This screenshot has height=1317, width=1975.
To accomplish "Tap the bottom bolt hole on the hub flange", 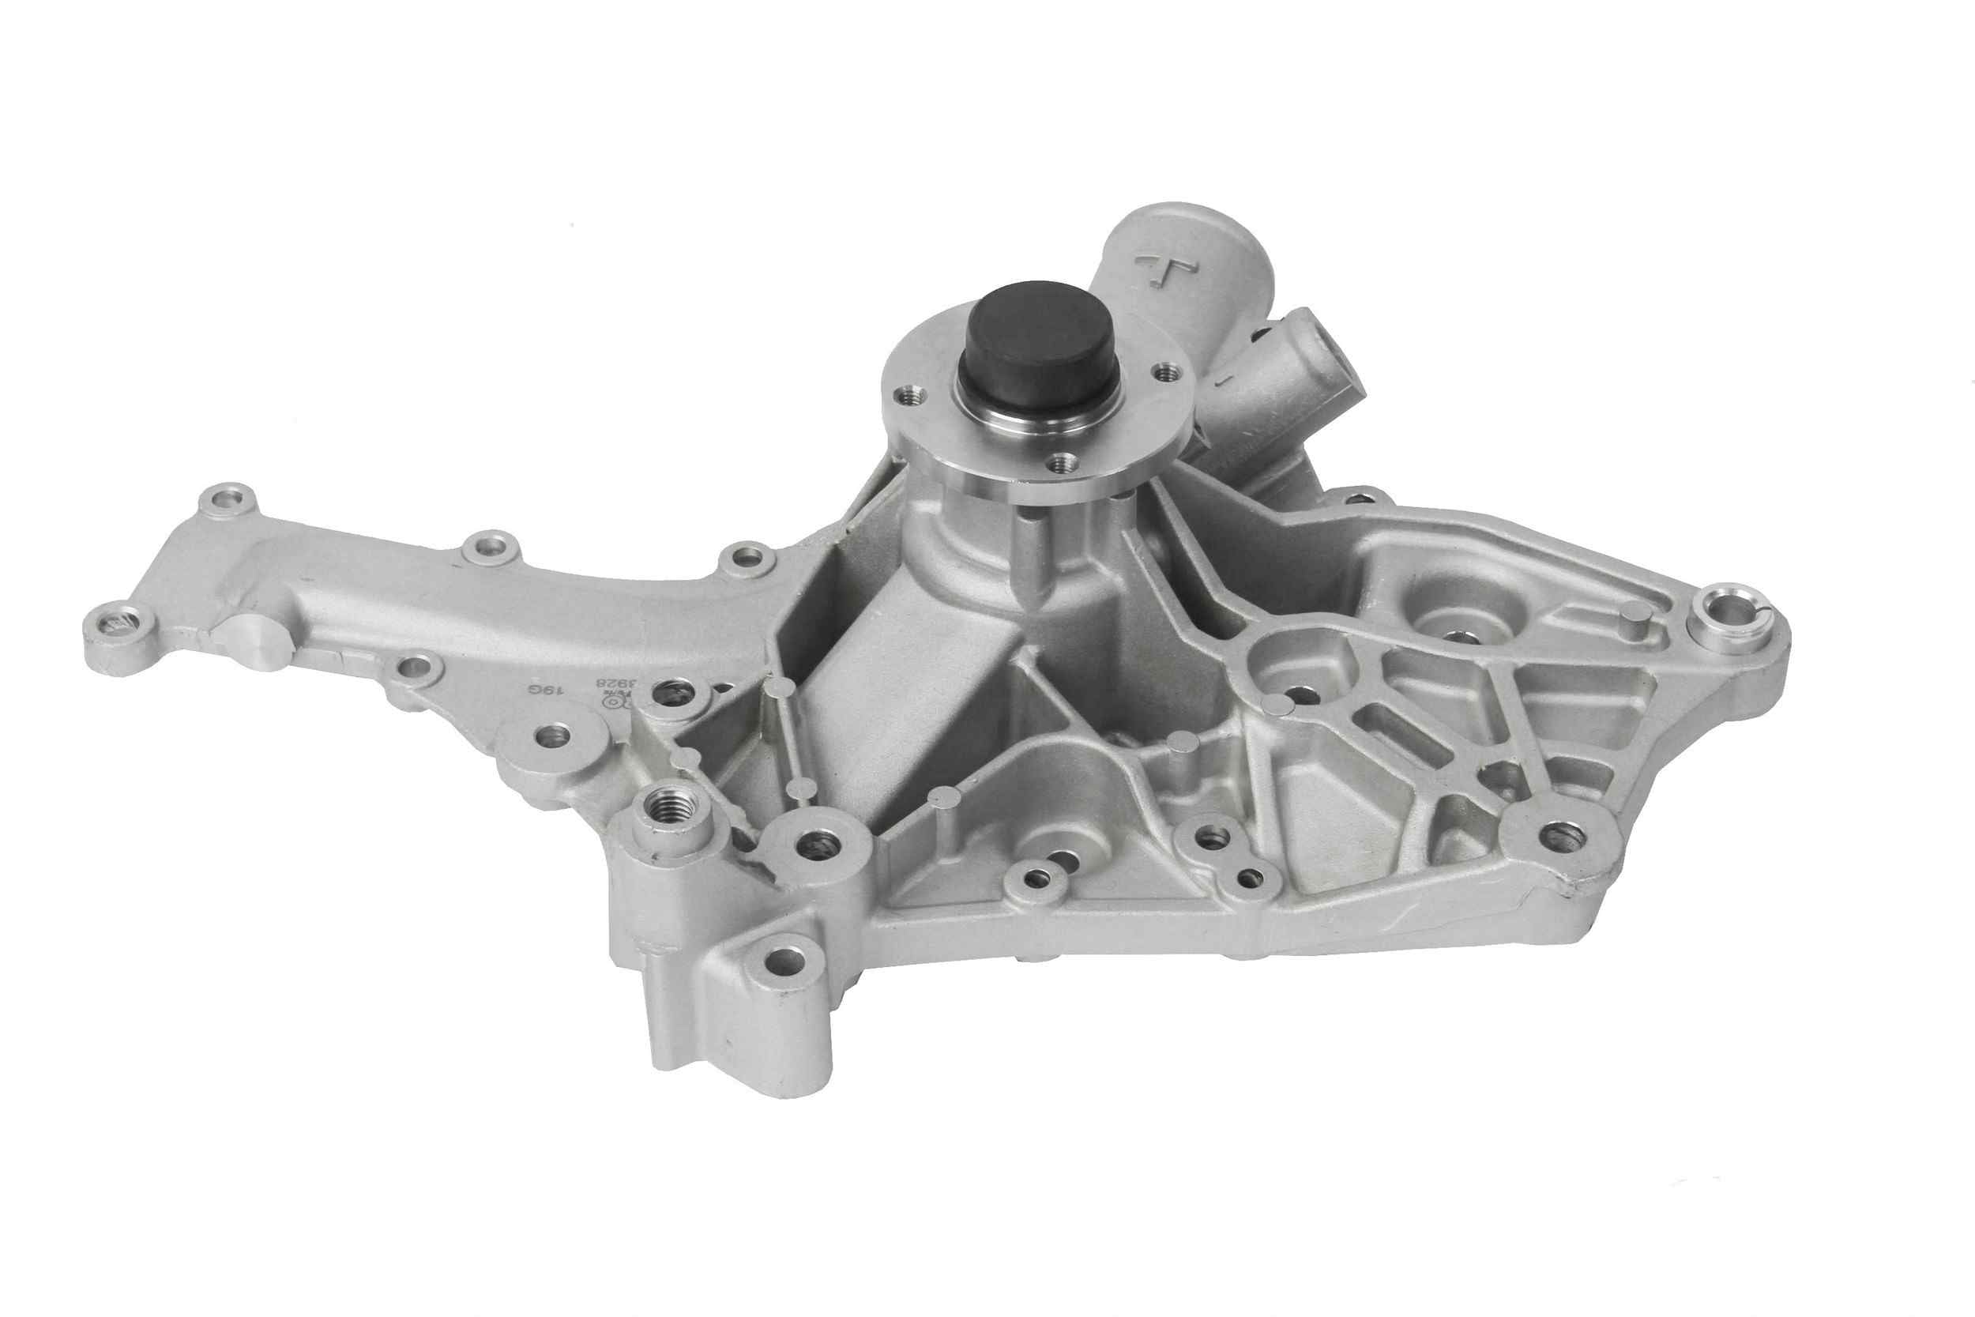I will tap(1064, 461).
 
